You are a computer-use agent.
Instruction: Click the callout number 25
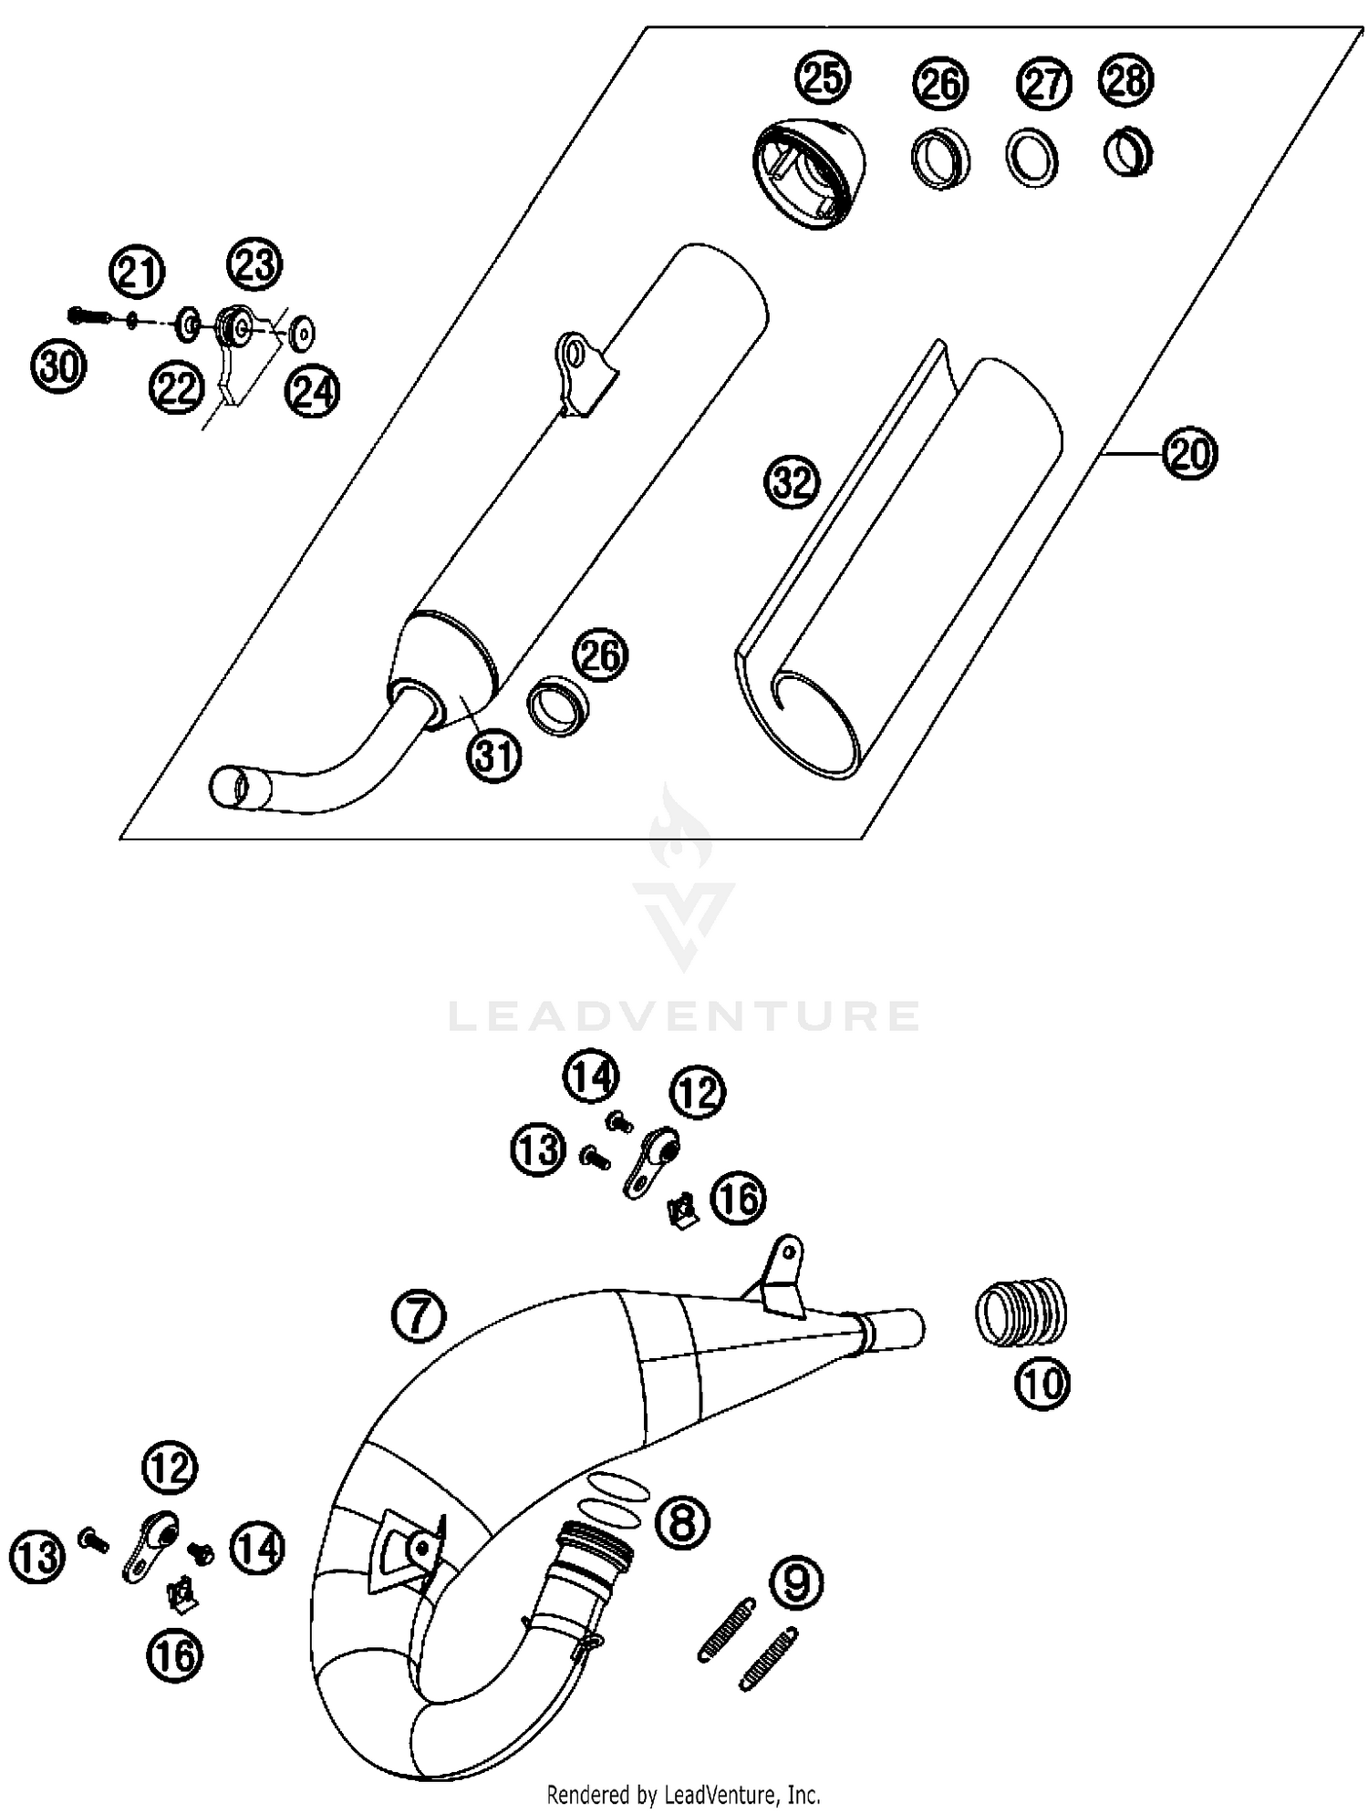(823, 77)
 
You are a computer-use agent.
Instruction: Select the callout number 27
(1044, 84)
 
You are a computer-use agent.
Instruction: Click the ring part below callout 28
(1128, 153)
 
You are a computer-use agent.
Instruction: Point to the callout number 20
(1189, 453)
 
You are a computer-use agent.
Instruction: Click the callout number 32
(793, 481)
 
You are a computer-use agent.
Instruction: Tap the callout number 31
(494, 755)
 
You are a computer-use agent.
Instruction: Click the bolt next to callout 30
(88, 315)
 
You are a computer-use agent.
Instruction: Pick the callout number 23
(254, 264)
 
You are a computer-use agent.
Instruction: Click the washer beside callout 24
(302, 333)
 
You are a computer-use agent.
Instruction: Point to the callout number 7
(418, 1315)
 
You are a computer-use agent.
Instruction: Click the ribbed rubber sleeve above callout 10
(1021, 1312)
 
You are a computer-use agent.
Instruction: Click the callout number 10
(1042, 1384)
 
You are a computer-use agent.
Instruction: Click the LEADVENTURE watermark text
(684, 1015)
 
